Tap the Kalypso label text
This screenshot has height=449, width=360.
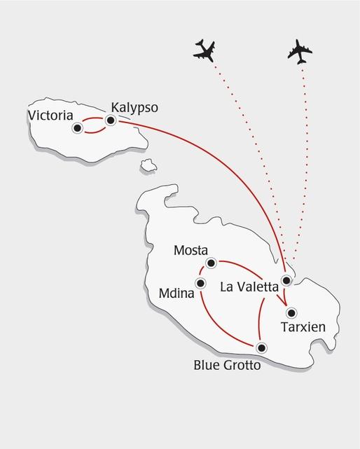(x=134, y=108)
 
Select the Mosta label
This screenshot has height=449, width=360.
(x=191, y=250)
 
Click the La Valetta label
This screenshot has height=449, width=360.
(x=249, y=286)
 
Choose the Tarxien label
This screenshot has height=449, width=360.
(x=303, y=326)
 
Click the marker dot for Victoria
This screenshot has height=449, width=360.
(x=78, y=127)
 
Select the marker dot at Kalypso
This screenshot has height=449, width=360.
(x=110, y=120)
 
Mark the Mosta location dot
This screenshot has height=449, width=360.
(x=211, y=263)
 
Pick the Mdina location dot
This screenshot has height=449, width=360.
(x=201, y=284)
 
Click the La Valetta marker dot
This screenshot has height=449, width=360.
(x=286, y=281)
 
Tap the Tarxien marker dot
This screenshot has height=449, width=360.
(x=292, y=312)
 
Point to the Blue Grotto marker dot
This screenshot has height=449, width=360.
(x=261, y=347)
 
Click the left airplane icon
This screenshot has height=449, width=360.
(x=205, y=50)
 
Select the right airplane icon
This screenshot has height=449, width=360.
(x=300, y=51)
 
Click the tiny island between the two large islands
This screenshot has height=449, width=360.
(x=148, y=166)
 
